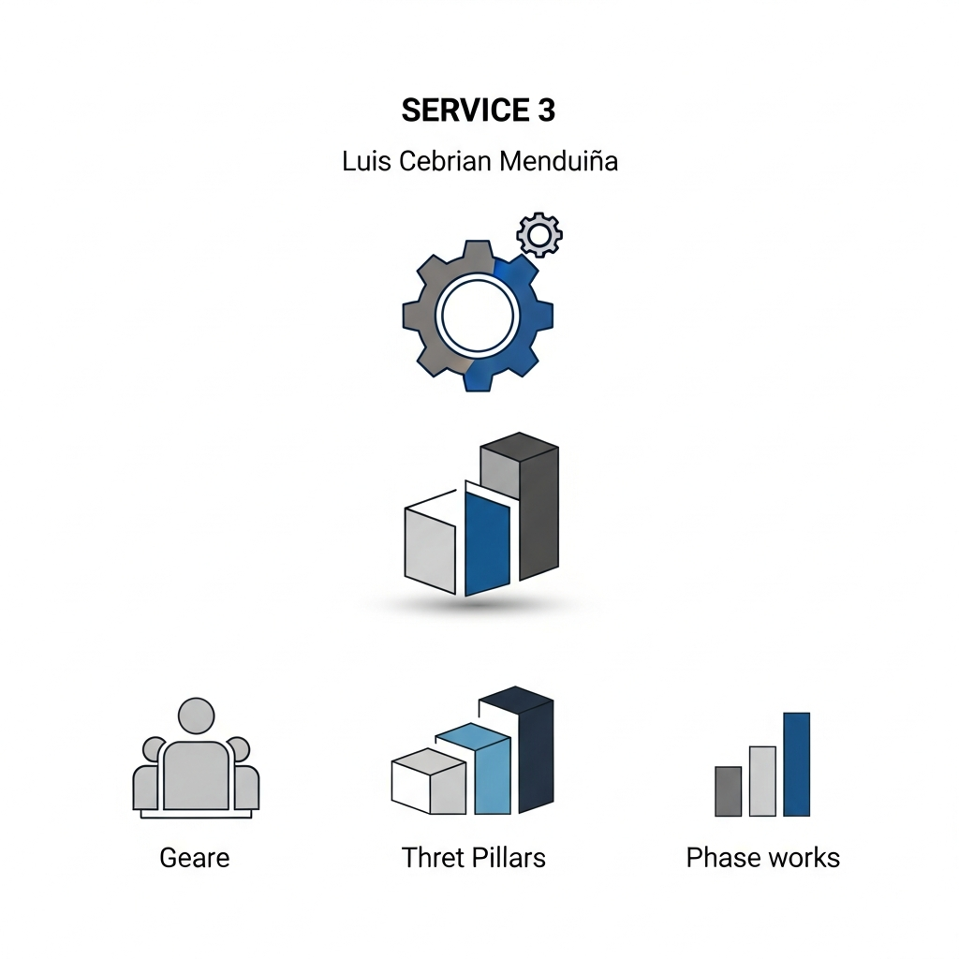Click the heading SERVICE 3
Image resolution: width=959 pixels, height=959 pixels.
478,111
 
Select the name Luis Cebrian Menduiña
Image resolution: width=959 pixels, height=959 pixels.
479,161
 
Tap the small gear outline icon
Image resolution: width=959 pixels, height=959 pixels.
539,234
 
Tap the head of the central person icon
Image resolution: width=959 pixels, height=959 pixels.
196,716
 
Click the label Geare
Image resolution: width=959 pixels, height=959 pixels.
195,857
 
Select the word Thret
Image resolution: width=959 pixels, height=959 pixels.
433,857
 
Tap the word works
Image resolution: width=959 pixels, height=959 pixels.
802,857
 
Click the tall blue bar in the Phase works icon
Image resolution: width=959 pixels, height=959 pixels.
796,763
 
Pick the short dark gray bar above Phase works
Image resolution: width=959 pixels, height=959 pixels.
728,790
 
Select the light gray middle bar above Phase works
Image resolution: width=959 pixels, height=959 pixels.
762,780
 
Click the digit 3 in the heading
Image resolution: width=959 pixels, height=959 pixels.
547,111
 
